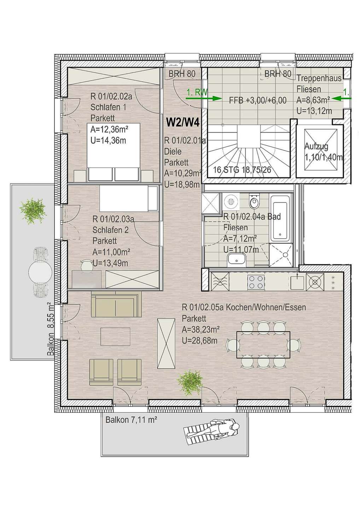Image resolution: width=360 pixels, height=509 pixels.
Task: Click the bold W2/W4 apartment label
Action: click(x=183, y=123)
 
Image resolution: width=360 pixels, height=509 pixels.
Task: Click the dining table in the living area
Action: click(x=263, y=345)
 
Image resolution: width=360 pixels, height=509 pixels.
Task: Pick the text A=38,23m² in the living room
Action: click(x=201, y=329)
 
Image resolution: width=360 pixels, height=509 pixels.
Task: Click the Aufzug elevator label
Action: click(x=317, y=146)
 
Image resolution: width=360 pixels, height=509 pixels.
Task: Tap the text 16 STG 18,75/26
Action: click(x=243, y=170)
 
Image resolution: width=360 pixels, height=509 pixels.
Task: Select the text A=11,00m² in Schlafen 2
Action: click(x=111, y=252)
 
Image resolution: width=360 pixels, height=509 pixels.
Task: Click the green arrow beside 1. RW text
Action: click(x=203, y=98)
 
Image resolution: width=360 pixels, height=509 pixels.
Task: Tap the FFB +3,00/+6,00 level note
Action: click(x=257, y=100)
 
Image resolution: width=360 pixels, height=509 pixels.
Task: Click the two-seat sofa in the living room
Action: click(x=116, y=304)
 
